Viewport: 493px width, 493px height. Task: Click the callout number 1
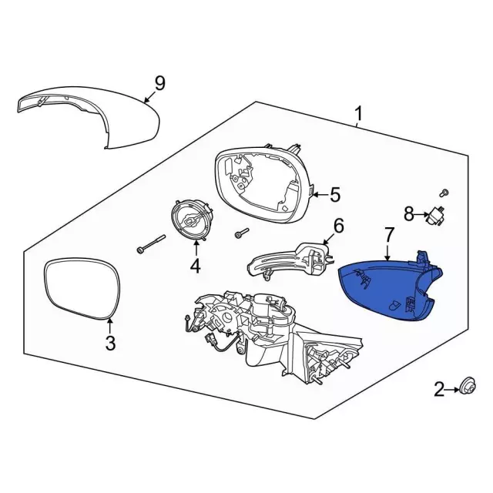click(357, 116)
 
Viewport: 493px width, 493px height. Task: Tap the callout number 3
click(110, 344)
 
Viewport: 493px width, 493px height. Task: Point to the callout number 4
click(195, 267)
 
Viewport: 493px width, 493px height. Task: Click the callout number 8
click(409, 213)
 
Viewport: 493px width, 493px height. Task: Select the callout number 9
click(159, 82)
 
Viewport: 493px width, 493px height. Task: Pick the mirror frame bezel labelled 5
click(262, 181)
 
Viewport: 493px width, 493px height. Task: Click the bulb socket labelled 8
click(436, 213)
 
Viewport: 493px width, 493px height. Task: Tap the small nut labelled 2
click(466, 387)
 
